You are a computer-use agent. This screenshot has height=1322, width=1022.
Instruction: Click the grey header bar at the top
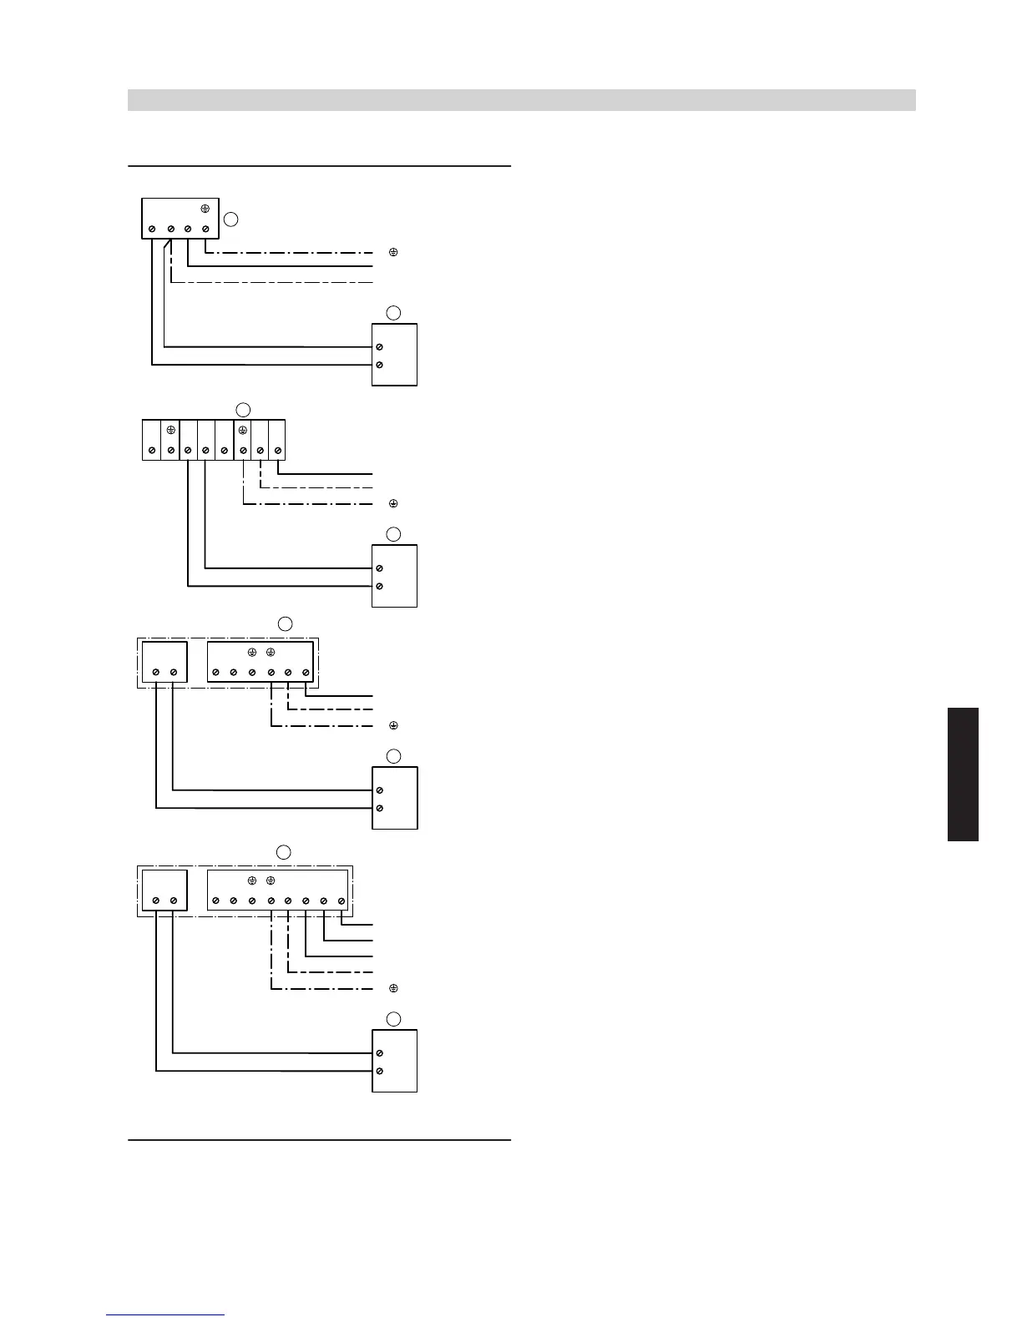[x=521, y=100]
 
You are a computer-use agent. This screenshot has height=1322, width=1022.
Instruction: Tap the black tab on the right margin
[x=963, y=774]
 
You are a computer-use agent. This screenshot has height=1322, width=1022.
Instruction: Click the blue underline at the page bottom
[x=165, y=1314]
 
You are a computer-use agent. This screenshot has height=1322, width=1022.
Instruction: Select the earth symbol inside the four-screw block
[x=205, y=209]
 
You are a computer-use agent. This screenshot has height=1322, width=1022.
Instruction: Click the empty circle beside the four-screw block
[x=231, y=219]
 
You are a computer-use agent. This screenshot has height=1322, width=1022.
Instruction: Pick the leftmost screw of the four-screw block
[x=152, y=229]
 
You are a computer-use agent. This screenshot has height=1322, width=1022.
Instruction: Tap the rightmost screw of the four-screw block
[x=205, y=229]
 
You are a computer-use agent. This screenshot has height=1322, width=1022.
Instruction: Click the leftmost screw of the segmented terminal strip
[x=151, y=451]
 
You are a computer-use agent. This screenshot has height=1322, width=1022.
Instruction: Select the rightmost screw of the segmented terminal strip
[x=278, y=451]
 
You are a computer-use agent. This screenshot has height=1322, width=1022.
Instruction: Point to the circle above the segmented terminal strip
[x=242, y=409]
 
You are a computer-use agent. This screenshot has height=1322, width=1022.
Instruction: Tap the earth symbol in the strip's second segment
[x=170, y=430]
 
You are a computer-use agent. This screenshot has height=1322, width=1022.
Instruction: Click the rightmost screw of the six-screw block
[x=306, y=672]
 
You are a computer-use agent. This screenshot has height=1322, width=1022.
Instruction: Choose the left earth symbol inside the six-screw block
[x=252, y=652]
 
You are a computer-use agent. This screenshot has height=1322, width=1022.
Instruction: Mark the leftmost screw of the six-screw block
[x=215, y=672]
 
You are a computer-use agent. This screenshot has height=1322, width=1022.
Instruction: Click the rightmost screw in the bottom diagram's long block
[x=342, y=901]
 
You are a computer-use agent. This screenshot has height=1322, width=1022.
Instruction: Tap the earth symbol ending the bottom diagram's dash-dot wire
[x=393, y=989]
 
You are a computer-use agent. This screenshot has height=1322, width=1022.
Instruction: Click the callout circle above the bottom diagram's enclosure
[x=284, y=852]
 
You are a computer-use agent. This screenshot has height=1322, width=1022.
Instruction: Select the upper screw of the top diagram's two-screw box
[x=380, y=346]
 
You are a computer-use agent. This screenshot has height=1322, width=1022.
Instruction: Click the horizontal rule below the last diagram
[x=319, y=1139]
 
